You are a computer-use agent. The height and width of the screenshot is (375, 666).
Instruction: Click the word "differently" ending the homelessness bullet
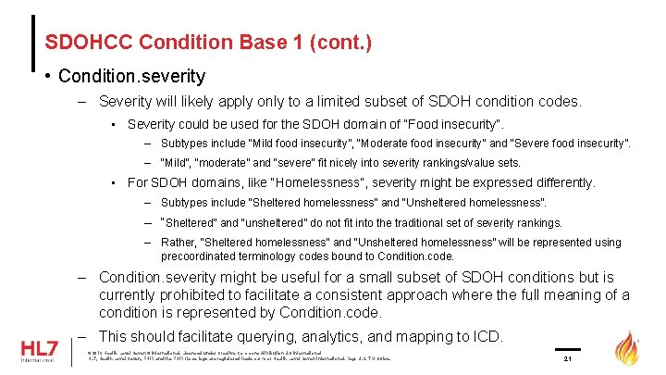point(559,182)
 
